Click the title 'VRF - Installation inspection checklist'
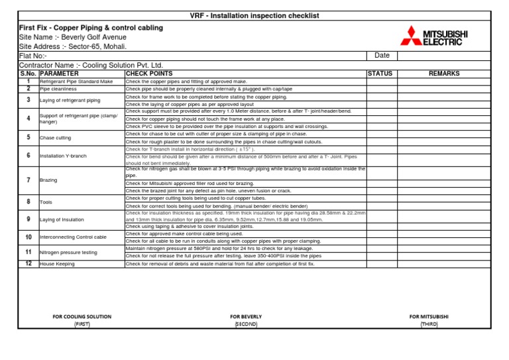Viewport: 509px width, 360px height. coord(255,15)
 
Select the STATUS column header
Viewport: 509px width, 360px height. coord(380,74)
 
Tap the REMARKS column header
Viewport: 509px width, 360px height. coord(444,74)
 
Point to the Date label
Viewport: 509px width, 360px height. coord(382,56)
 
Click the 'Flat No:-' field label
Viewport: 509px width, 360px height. coord(34,56)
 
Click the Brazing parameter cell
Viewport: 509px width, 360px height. coord(48,180)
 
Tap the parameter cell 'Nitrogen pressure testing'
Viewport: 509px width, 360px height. coord(68,253)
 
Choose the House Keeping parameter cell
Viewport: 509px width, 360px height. coord(57,264)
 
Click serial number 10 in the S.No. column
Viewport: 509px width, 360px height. coord(28,237)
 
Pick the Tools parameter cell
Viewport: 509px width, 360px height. coord(46,202)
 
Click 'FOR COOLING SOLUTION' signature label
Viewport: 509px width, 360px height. coord(82,317)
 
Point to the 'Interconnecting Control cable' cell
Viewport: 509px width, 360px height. coord(73,237)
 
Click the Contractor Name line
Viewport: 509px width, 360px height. coord(91,65)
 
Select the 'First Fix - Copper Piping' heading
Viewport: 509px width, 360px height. coord(91,28)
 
